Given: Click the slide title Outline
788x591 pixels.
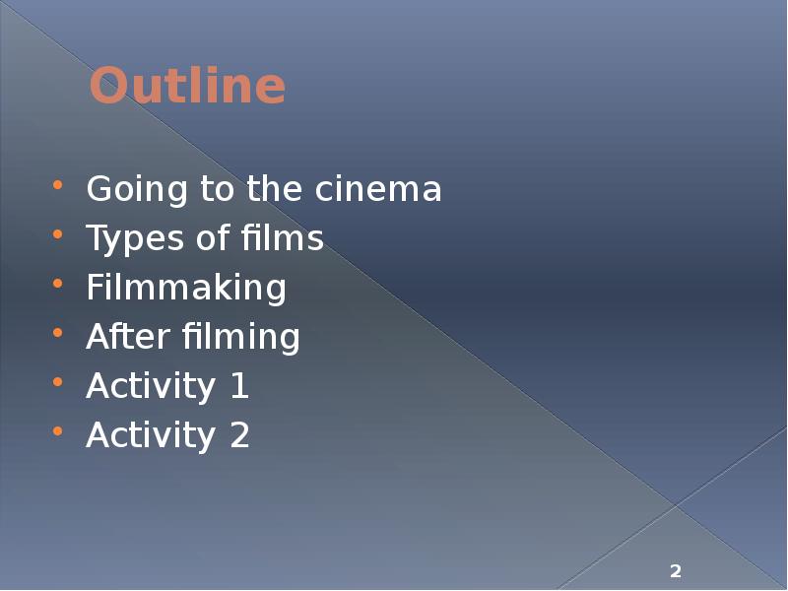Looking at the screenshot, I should [x=187, y=87].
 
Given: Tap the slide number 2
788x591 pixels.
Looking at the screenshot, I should [x=676, y=571].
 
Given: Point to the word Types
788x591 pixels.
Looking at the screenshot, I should [x=129, y=239].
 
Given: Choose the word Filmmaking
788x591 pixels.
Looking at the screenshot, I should [x=186, y=288].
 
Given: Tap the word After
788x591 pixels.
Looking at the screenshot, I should [x=129, y=337].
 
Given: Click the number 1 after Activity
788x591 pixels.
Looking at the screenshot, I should [x=239, y=386].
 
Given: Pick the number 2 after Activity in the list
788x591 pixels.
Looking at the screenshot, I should [x=239, y=435].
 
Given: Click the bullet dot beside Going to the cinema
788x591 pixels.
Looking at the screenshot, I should [x=59, y=185].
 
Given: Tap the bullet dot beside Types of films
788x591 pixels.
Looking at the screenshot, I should [x=59, y=234].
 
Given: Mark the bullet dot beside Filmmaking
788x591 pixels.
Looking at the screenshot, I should [x=59, y=284].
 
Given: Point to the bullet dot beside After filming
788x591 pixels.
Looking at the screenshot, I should [x=59, y=333].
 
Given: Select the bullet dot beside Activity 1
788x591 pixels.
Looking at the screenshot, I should [x=59, y=382].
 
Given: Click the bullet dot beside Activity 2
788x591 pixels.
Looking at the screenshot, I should [x=59, y=431].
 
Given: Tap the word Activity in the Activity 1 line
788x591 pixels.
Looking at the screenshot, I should [x=151, y=387].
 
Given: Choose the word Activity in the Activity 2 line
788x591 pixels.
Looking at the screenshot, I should [x=151, y=436].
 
